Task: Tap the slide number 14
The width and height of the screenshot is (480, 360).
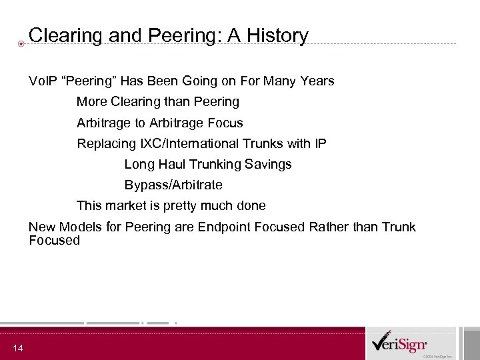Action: tap(17, 348)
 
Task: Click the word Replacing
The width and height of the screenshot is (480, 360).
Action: tap(106, 143)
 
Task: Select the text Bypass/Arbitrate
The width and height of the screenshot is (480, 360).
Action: tap(173, 185)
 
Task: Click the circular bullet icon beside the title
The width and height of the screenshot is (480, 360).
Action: tap(21, 45)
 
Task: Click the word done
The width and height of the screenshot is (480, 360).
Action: tap(250, 205)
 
